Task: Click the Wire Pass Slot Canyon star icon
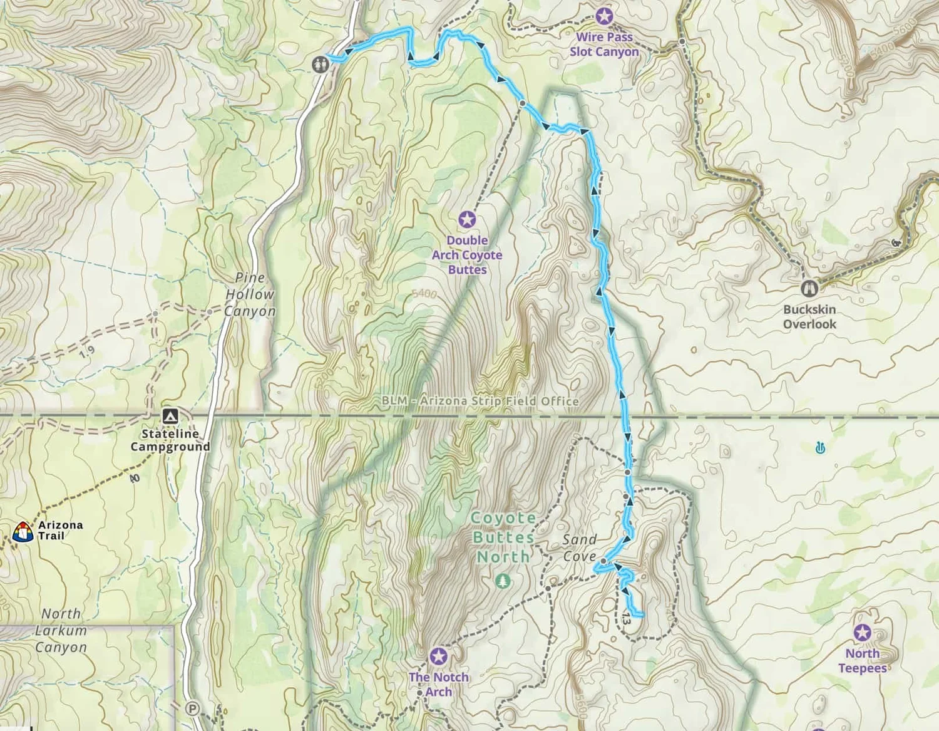(604, 16)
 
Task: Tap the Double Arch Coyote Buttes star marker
(466, 220)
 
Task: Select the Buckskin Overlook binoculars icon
(809, 288)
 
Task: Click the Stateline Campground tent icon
(170, 416)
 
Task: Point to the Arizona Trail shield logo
(23, 532)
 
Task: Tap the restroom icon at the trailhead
(321, 64)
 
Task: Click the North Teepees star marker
(863, 633)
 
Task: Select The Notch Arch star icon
(438, 656)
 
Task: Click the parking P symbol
(193, 708)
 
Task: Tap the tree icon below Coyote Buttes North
(502, 581)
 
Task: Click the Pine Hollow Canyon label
(249, 294)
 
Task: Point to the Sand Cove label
(579, 547)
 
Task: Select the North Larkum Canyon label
(61, 630)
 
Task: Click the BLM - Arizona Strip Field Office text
(480, 401)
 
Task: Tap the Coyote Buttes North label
(503, 537)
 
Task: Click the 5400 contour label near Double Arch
(424, 294)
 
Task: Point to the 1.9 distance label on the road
(87, 352)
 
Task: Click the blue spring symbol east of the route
(820, 448)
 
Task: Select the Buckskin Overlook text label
(809, 317)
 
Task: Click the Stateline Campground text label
(170, 440)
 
